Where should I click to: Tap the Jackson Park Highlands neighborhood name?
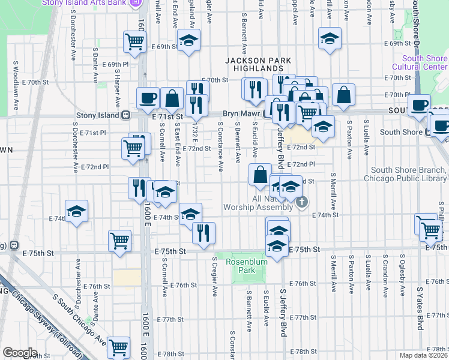pos(258,65)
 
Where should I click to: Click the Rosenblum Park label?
pos(245,266)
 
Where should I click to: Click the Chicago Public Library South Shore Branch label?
pos(409,175)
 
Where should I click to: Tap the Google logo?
pos(20,353)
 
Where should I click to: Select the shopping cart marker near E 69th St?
pos(134,41)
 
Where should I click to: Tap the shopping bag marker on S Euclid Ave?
pos(261,175)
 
